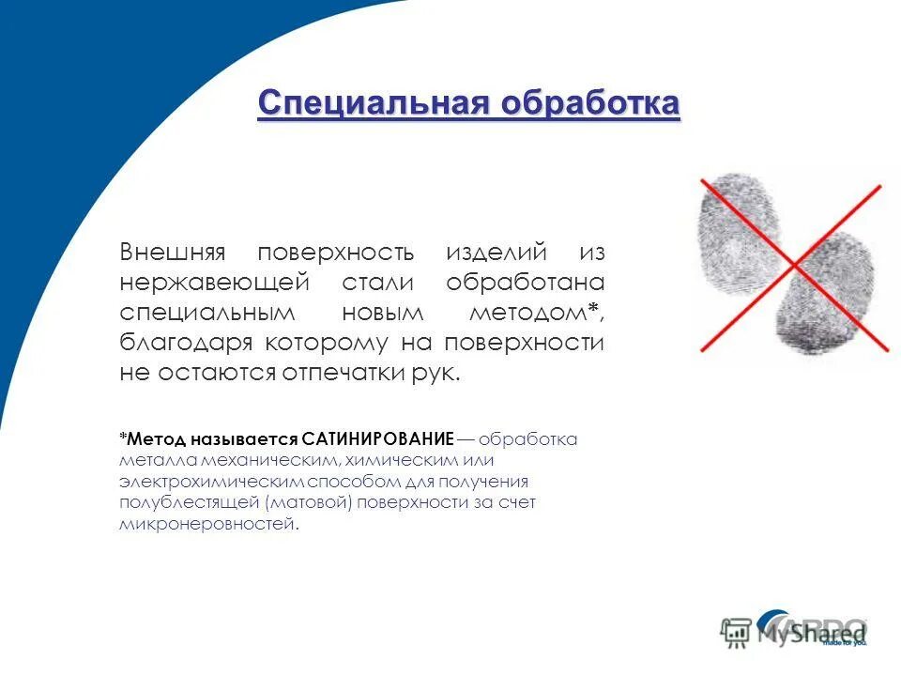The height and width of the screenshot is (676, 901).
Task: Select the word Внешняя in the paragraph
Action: [173, 253]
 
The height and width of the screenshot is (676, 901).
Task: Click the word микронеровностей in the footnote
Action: [206, 525]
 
